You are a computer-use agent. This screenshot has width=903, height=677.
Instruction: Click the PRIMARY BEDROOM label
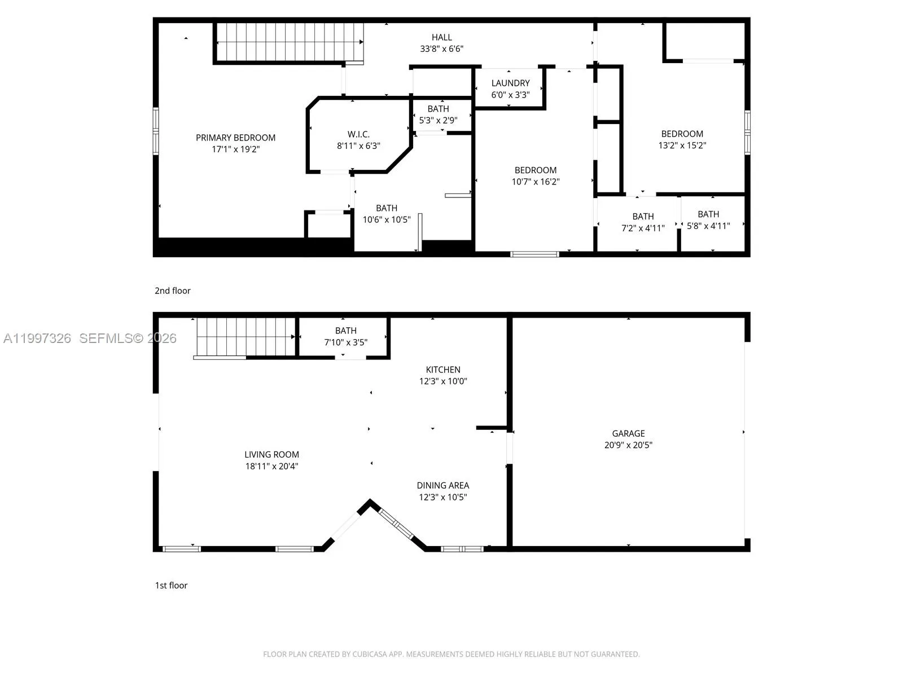[x=235, y=138]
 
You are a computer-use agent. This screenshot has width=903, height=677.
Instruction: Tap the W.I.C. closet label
[x=358, y=134]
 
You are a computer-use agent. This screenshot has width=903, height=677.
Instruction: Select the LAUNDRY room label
[x=510, y=83]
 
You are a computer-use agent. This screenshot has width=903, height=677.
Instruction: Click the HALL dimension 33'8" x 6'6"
[x=441, y=49]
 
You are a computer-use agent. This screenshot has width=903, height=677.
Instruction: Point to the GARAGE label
[x=628, y=433]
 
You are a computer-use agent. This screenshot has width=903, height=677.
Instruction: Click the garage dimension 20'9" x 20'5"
[x=628, y=445]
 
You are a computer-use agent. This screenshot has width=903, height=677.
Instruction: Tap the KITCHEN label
[x=443, y=370]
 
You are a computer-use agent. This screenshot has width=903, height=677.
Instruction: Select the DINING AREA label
[x=443, y=485]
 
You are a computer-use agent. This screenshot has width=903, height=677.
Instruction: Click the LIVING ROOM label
[x=271, y=454]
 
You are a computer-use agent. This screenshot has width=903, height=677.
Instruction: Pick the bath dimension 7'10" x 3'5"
[x=346, y=342]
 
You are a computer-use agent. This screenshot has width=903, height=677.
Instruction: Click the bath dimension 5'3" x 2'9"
[x=438, y=120]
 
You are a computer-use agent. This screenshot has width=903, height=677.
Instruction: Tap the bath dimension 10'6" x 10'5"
[x=387, y=219]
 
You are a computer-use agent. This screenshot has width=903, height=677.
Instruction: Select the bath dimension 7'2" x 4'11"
[x=643, y=228]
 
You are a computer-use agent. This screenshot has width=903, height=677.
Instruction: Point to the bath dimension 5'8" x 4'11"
[x=708, y=226]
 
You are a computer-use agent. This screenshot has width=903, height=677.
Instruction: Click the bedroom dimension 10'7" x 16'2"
[x=536, y=182]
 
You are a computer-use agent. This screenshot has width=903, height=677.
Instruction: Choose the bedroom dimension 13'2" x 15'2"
[x=682, y=145]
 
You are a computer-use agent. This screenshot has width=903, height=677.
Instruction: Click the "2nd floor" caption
[x=173, y=291]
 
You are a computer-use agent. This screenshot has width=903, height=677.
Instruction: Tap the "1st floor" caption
[x=171, y=585]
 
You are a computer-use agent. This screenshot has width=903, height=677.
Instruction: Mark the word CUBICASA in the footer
[x=370, y=654]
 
